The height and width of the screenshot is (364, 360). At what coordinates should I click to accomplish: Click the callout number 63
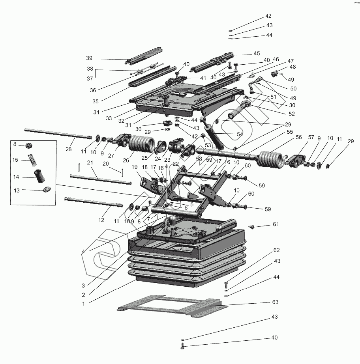tap(275, 302)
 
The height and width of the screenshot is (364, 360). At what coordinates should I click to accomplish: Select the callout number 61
tap(276, 224)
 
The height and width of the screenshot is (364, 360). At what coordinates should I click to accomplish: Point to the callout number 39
tap(89, 58)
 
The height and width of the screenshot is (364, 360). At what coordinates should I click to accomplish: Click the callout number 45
tap(257, 54)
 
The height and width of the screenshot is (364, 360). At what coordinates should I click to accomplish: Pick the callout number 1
tap(83, 304)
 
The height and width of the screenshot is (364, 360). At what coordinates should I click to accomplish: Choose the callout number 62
tap(276, 250)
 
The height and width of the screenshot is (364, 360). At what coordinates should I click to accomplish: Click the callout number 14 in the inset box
tap(16, 177)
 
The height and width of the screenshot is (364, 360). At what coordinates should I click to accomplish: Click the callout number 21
tap(90, 163)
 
